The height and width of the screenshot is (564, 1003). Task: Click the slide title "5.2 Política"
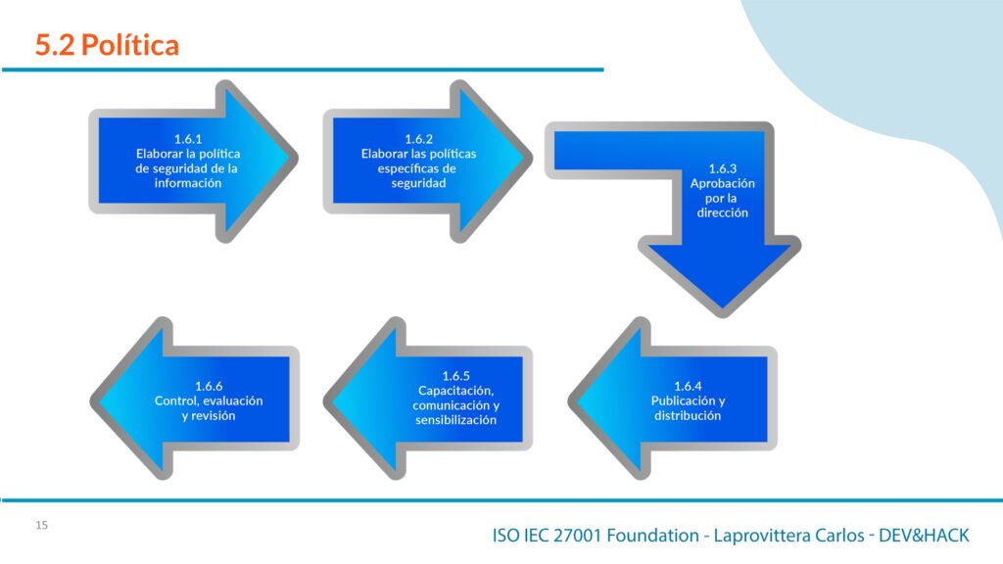(107, 45)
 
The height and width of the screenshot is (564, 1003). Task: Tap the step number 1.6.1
(188, 139)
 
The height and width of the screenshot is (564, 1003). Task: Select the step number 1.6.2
(418, 139)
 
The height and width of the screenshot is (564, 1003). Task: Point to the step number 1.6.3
(722, 168)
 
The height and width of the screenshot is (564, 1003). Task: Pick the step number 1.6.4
(688, 386)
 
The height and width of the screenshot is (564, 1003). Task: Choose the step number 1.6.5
(455, 376)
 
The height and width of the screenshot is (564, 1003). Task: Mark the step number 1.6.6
(209, 386)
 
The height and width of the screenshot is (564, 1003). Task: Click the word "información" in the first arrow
(187, 183)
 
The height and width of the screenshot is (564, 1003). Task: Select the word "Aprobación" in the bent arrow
(722, 183)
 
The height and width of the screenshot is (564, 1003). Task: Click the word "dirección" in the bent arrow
(722, 212)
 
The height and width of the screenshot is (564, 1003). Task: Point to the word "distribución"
(688, 415)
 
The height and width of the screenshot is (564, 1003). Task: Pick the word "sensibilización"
(455, 420)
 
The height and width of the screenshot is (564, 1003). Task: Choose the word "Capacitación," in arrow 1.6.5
(455, 391)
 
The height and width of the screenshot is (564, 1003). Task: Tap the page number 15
(41, 525)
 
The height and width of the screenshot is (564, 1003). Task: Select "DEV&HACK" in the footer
(924, 536)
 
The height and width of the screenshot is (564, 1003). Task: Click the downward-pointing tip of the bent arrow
(722, 312)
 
